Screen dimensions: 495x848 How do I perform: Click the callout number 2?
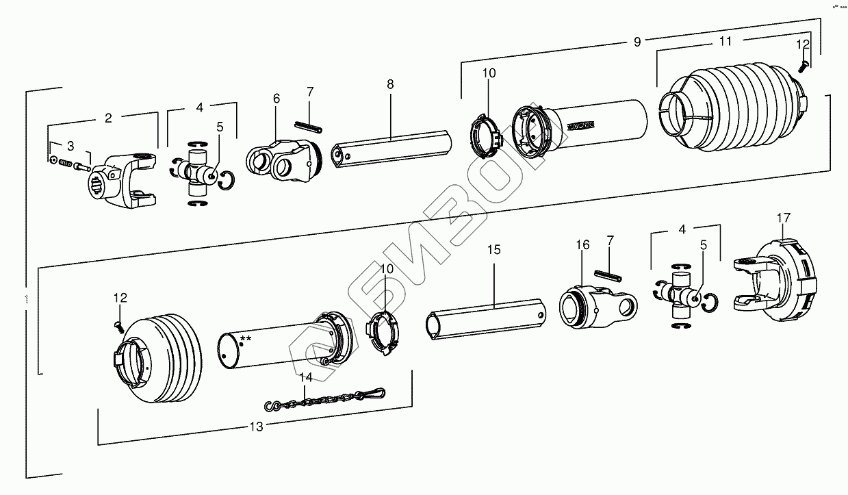point(108,118)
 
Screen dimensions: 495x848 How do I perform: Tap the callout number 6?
point(277,99)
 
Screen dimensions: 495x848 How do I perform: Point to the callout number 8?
point(390,85)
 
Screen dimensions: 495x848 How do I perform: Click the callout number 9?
point(637,42)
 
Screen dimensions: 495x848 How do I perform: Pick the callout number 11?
point(726,42)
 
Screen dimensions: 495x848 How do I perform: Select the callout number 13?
point(255,427)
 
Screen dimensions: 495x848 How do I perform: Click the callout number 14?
point(306,377)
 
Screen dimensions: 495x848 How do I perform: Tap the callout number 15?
point(494,250)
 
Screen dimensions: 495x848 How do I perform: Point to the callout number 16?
point(582,245)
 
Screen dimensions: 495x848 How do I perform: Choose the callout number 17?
point(784,218)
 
